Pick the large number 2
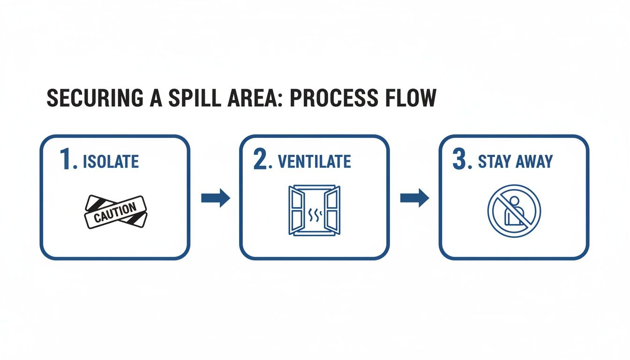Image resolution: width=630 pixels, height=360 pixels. tap(261, 160)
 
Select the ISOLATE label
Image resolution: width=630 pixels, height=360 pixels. tap(111, 162)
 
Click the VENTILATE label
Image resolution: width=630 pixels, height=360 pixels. tap(314, 162)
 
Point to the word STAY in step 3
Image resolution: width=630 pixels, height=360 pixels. tap(494, 162)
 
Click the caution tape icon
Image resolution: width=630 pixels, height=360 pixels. tap(115, 212)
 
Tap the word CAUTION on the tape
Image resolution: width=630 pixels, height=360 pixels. tap(115, 212)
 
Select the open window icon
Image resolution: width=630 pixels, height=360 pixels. tap(314, 210)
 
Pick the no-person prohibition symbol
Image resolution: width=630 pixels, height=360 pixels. tap(514, 211)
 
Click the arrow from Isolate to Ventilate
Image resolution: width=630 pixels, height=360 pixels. tap(216, 198)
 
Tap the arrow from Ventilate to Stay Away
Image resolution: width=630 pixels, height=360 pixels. tap(414, 198)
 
